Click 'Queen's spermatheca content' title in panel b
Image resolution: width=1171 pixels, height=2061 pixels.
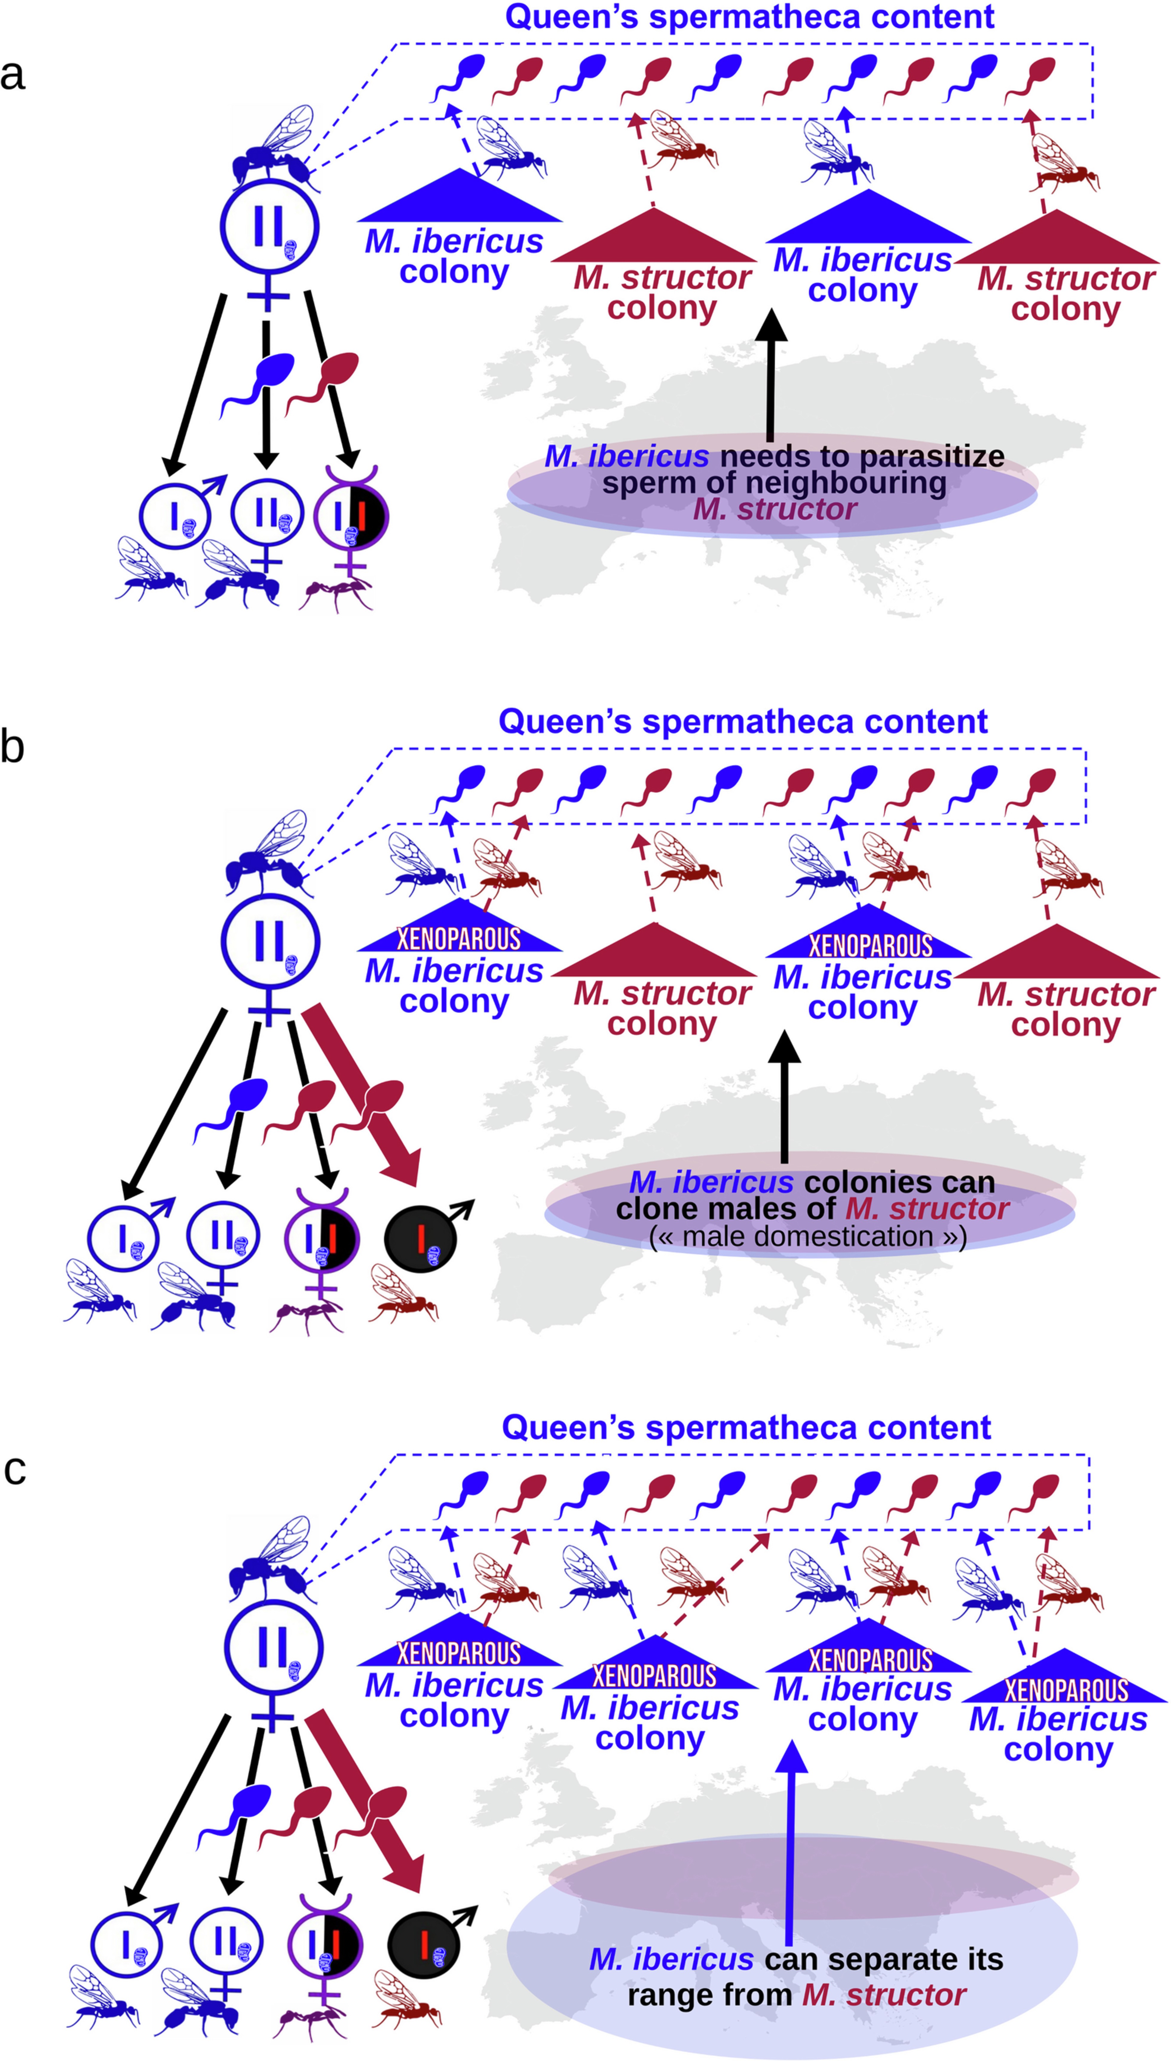[x=742, y=721]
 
